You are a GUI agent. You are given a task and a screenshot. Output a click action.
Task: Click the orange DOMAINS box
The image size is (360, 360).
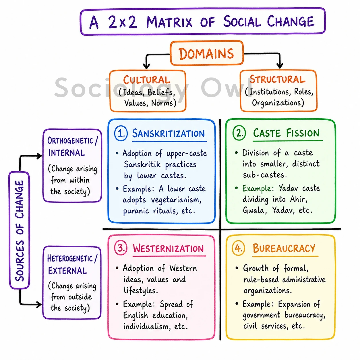(x=207, y=53)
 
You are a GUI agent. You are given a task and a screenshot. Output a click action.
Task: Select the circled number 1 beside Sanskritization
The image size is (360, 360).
(x=121, y=133)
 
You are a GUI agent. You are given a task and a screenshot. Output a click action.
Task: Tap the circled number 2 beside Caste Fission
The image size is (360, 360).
(x=239, y=133)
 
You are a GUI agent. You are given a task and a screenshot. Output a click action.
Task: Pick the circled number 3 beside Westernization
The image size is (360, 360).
(x=121, y=248)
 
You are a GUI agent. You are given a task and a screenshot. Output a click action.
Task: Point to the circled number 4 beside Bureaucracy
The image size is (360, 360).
(x=238, y=248)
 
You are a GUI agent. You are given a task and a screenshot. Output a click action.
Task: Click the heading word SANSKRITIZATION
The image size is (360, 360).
(x=168, y=133)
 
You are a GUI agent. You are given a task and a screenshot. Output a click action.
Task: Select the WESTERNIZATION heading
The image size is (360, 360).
(x=168, y=249)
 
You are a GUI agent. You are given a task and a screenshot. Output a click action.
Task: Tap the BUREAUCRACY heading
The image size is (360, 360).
(x=284, y=248)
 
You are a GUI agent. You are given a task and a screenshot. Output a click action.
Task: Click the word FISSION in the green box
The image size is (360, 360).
(x=303, y=133)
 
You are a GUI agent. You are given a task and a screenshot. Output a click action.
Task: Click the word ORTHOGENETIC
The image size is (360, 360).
(x=70, y=141)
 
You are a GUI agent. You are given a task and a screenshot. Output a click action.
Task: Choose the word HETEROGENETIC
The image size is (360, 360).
(x=70, y=259)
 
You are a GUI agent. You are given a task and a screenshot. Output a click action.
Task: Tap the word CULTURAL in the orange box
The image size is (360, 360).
(x=147, y=80)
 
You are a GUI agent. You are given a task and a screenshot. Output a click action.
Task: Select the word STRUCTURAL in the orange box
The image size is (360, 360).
(x=277, y=79)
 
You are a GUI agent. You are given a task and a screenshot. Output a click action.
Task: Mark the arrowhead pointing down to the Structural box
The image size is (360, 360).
(x=280, y=66)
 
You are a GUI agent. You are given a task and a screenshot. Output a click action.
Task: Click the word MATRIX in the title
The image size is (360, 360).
(x=169, y=22)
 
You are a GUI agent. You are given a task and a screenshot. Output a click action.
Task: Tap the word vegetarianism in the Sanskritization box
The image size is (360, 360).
(x=176, y=200)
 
